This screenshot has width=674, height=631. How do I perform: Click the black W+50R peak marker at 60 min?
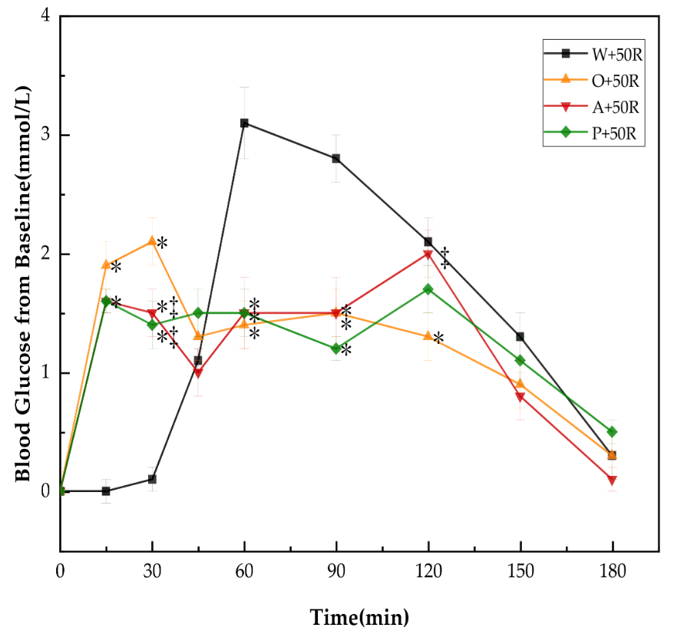point(244,123)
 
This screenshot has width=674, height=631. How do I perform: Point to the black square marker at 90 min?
point(336,158)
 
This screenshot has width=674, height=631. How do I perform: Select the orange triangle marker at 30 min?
point(152,241)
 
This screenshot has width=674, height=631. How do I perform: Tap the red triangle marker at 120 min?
point(428,254)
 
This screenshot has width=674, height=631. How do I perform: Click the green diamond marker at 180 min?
point(612,431)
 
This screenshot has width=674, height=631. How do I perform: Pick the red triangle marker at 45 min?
point(198,373)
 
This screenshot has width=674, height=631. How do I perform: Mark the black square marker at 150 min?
point(520,337)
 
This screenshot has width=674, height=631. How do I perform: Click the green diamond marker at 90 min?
point(336,349)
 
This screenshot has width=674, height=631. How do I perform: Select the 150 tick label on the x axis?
point(520,571)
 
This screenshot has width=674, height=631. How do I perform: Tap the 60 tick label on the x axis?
point(244,571)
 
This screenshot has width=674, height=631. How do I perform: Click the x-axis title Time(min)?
point(359,616)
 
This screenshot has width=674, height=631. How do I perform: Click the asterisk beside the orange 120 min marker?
point(438,339)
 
